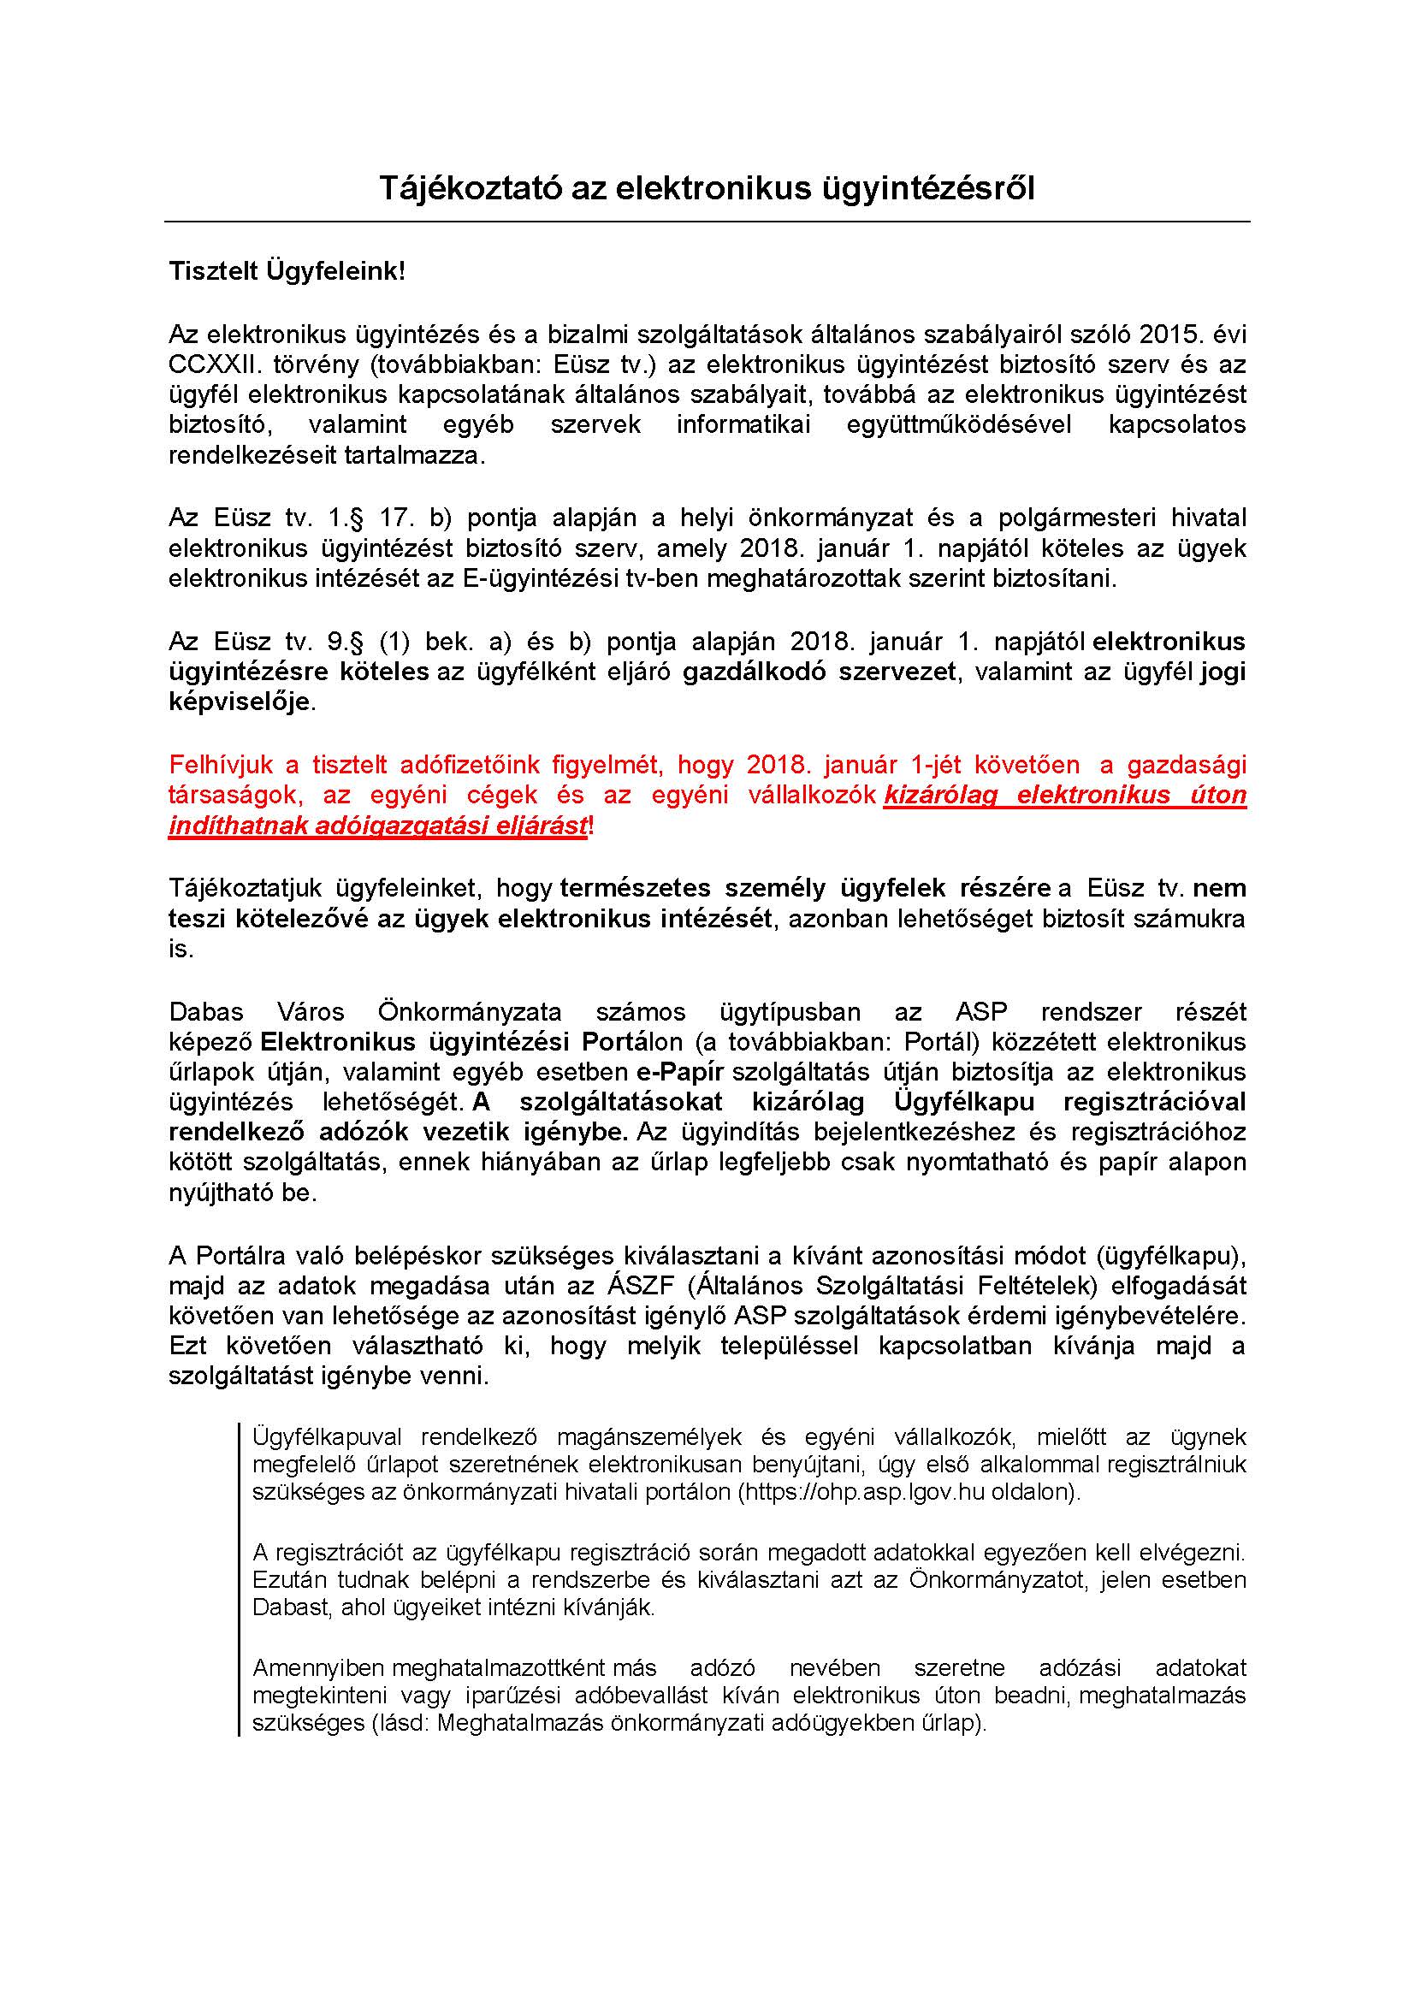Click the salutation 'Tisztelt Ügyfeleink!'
[287, 271]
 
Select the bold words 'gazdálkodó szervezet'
[819, 672]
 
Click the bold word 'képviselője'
[239, 702]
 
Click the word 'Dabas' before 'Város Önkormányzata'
[205, 1012]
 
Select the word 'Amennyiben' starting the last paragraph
[318, 1669]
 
